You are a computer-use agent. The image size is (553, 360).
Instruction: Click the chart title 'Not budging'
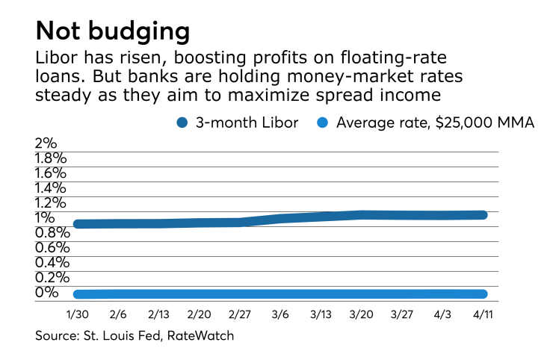[x=112, y=31]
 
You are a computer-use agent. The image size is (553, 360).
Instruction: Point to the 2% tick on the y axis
[x=46, y=143]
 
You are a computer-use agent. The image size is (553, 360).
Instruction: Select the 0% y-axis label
[x=46, y=292]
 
